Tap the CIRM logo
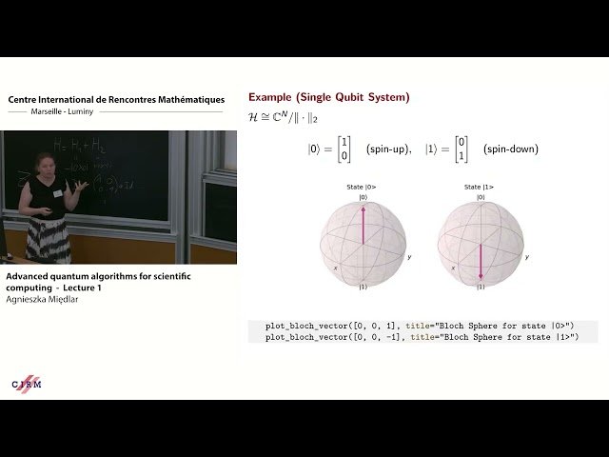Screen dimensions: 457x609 (x=26, y=383)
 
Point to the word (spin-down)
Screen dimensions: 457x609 (x=510, y=149)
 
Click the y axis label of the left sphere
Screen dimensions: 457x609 (x=410, y=257)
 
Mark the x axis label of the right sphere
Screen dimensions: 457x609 (x=452, y=268)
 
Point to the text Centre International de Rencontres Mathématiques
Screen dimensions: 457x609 (x=116, y=99)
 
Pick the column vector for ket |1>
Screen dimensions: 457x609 (x=458, y=149)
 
